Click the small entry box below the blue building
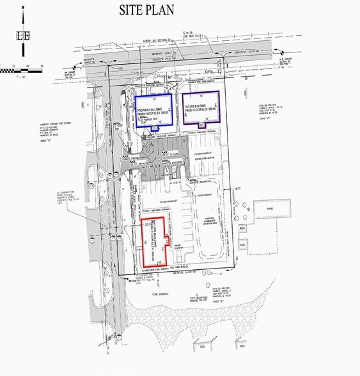154,129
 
